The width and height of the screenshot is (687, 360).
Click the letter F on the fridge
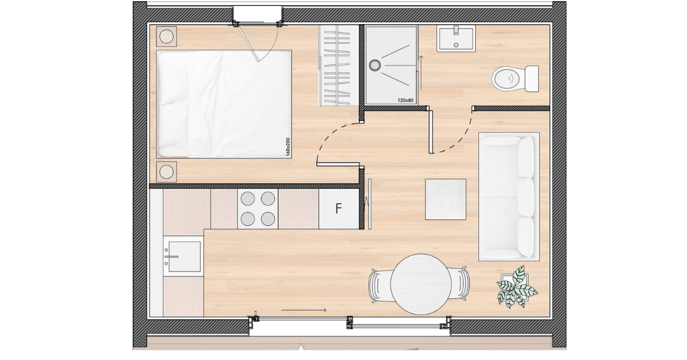tap(338, 209)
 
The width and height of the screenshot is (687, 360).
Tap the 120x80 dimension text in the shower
tap(405, 100)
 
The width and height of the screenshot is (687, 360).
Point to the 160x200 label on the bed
tap(288, 147)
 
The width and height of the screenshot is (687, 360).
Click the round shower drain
tap(375, 66)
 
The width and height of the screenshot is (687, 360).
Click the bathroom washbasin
tap(455, 39)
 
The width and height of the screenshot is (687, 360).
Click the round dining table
tap(421, 284)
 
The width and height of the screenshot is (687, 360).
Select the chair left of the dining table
tap(379, 285)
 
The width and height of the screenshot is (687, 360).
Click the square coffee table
tap(445, 199)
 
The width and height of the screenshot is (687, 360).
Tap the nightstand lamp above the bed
tap(167, 37)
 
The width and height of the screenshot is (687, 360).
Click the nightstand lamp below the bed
tap(167, 172)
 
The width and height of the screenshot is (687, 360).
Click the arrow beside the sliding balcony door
tap(303, 310)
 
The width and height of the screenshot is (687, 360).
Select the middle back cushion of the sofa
tap(526, 197)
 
